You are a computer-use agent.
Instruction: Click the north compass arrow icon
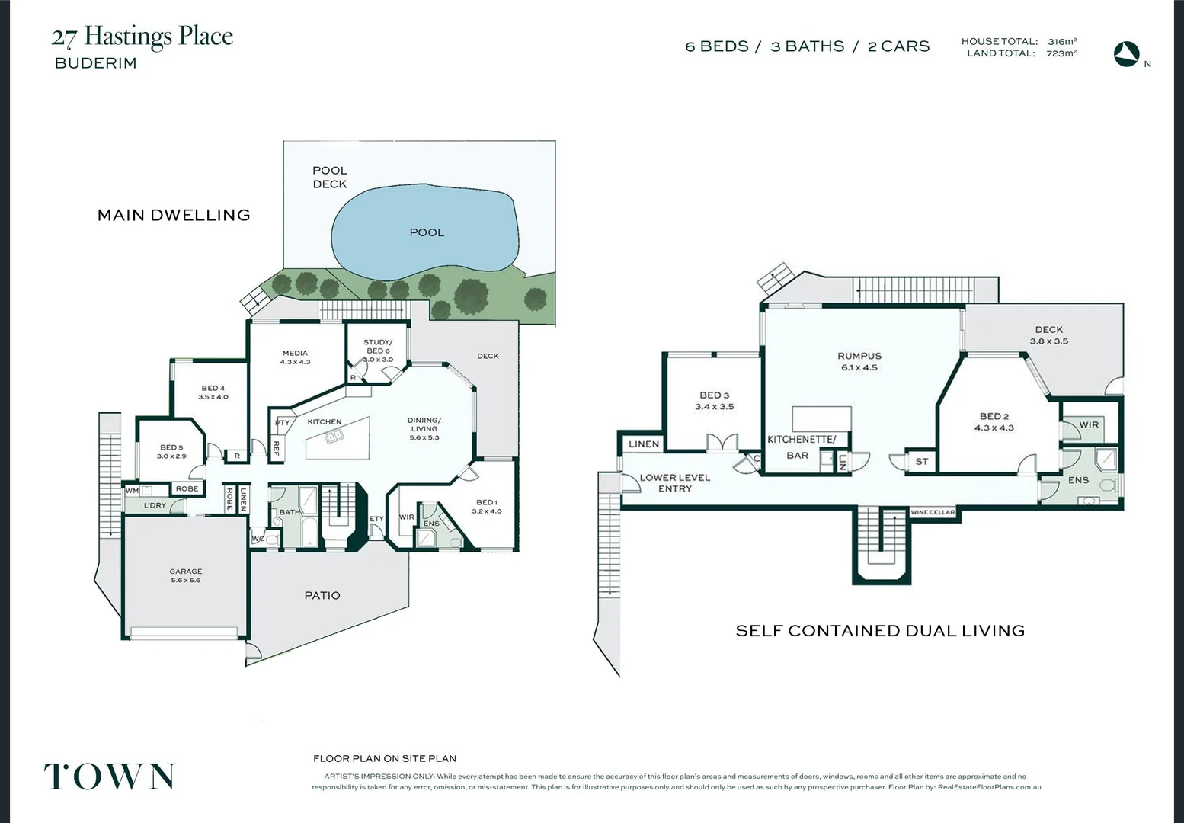click(x=1126, y=54)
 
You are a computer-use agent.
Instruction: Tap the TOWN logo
click(x=110, y=777)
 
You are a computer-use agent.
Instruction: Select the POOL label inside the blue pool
click(x=427, y=232)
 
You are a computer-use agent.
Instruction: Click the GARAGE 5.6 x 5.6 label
click(x=186, y=575)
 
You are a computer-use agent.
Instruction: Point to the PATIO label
click(x=322, y=595)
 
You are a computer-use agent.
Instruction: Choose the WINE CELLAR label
click(x=933, y=512)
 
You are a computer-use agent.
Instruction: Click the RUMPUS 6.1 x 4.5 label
click(x=859, y=361)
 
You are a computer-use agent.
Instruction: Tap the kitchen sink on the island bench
click(x=334, y=436)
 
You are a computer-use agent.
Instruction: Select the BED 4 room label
click(x=213, y=392)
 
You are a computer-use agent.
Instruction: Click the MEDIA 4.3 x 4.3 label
click(x=295, y=357)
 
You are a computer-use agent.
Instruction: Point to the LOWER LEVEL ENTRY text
click(x=675, y=483)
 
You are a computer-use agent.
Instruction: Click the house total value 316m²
click(x=1062, y=41)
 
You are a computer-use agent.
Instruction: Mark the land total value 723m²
click(x=1061, y=53)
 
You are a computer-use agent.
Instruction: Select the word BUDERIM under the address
click(x=96, y=63)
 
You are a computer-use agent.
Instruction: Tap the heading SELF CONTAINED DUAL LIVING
click(x=880, y=630)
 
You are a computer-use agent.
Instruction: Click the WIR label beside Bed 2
click(x=1089, y=424)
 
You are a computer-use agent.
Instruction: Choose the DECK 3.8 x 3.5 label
click(x=1049, y=335)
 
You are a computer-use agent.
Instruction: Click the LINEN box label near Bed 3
click(x=644, y=444)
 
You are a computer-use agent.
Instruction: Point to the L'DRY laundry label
click(x=155, y=505)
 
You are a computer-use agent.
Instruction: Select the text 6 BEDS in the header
click(x=717, y=46)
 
